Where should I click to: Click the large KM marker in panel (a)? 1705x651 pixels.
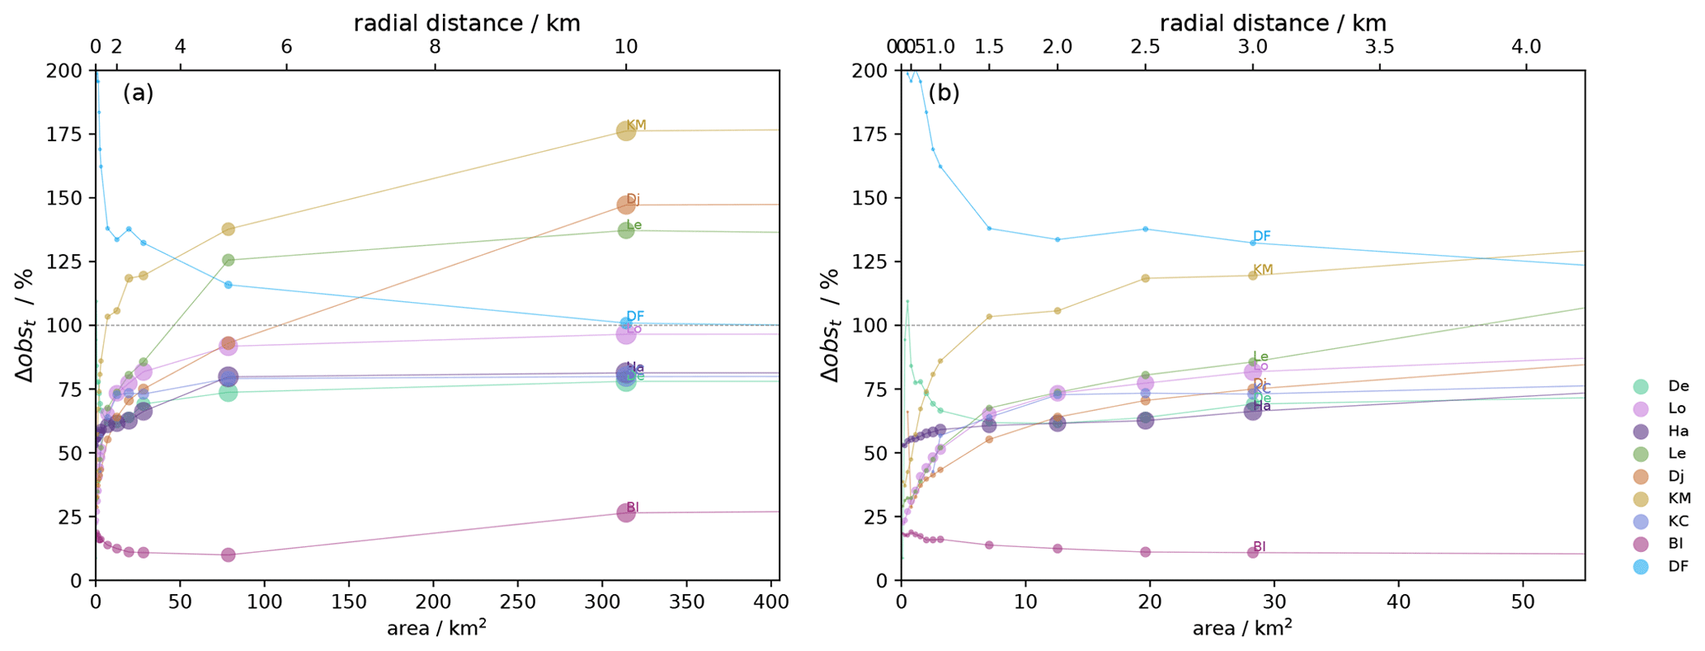pyautogui.click(x=626, y=130)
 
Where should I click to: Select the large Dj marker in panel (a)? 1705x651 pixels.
pyautogui.click(x=626, y=205)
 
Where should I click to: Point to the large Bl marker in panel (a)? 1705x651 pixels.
pyautogui.click(x=626, y=512)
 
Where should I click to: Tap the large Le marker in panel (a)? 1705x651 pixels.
pyautogui.click(x=626, y=230)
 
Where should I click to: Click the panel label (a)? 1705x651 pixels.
pyautogui.click(x=139, y=93)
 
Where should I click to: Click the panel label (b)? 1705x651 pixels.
pyautogui.click(x=944, y=93)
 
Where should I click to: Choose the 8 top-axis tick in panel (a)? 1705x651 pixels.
pyautogui.click(x=435, y=47)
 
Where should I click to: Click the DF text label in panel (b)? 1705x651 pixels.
pyautogui.click(x=1262, y=237)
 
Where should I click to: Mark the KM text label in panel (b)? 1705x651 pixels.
pyautogui.click(x=1263, y=270)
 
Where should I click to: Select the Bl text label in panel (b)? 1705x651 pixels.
pyautogui.click(x=1259, y=546)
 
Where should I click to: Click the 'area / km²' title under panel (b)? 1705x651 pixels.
pyautogui.click(x=1242, y=629)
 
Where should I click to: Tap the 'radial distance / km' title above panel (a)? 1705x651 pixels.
pyautogui.click(x=467, y=23)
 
